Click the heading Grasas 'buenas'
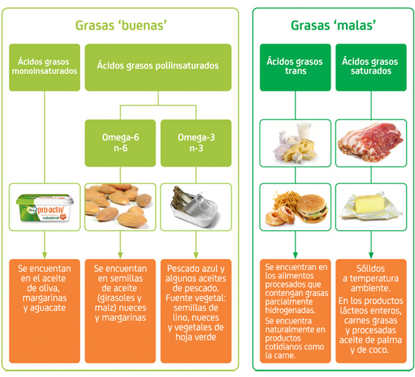(121, 25)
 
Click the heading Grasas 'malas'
(333, 25)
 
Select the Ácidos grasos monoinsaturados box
(44, 68)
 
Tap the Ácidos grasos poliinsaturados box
(158, 68)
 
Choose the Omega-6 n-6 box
(120, 143)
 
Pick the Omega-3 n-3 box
(196, 143)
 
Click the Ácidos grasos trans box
(295, 68)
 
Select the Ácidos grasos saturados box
(371, 68)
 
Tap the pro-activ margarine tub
(45, 207)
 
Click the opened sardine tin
(195, 207)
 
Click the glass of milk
(304, 130)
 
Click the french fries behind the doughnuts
(286, 200)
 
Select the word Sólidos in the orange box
(371, 269)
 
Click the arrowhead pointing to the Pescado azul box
(196, 255)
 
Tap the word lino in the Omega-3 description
(181, 317)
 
